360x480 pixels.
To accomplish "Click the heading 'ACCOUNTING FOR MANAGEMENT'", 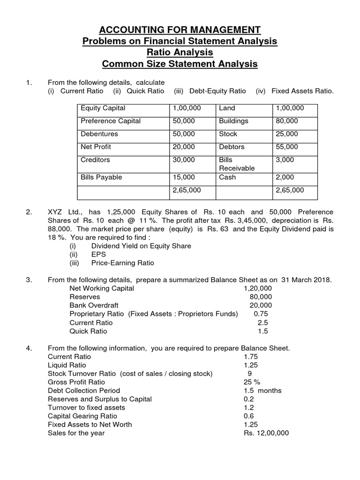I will [180, 30].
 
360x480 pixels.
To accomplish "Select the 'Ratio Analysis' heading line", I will [180, 52].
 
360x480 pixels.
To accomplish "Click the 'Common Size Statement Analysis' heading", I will [180, 64].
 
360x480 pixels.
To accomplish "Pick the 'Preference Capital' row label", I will [111, 121].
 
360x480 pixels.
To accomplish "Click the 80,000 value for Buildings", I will [287, 121].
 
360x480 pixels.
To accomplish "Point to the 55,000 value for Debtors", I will [287, 147].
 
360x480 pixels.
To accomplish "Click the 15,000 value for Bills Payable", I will [184, 177].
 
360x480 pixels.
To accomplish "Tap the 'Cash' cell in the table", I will [227, 177].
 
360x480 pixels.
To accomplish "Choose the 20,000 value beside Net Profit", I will [184, 147].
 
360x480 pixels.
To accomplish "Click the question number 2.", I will [29, 212].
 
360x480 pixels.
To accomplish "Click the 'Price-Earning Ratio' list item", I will [122, 263].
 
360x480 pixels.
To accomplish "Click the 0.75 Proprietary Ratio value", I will [262, 314].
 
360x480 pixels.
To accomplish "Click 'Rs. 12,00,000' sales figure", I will [266, 433].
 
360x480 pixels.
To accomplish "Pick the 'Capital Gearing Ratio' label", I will [82, 416].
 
